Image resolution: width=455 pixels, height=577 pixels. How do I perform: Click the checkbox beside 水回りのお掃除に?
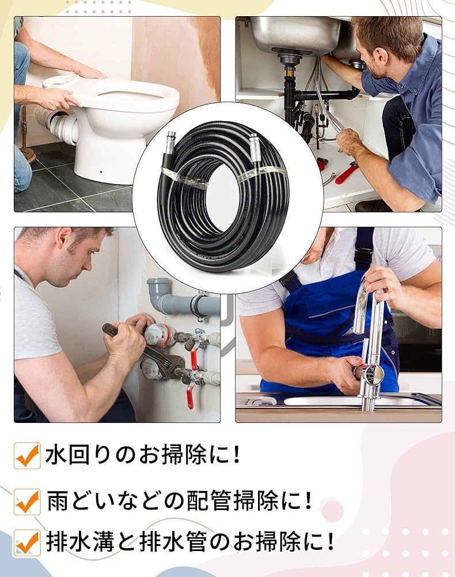27,456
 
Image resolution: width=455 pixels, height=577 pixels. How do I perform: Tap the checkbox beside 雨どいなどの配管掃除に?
27,501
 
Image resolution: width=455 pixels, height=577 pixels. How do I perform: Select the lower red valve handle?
190,398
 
